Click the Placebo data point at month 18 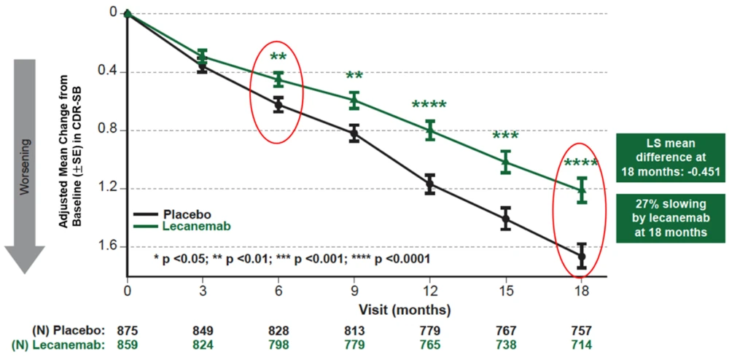pos(581,257)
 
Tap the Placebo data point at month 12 pos(430,184)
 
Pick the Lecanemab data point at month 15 pos(505,161)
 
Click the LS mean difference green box pos(670,156)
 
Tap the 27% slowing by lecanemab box pos(670,218)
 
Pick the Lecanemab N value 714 pos(581,344)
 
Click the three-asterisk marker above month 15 pos(505,136)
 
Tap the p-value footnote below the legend pos(292,259)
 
